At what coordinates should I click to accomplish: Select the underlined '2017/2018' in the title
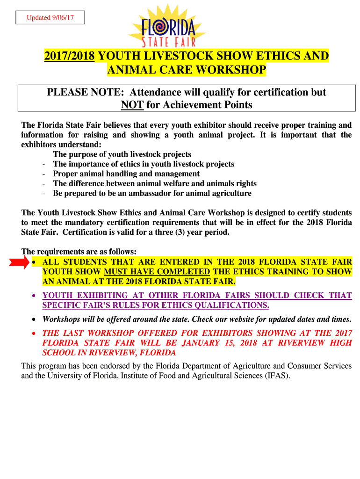[70, 57]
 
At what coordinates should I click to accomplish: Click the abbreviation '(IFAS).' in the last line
[276, 375]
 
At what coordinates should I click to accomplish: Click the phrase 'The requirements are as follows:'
[79, 252]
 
